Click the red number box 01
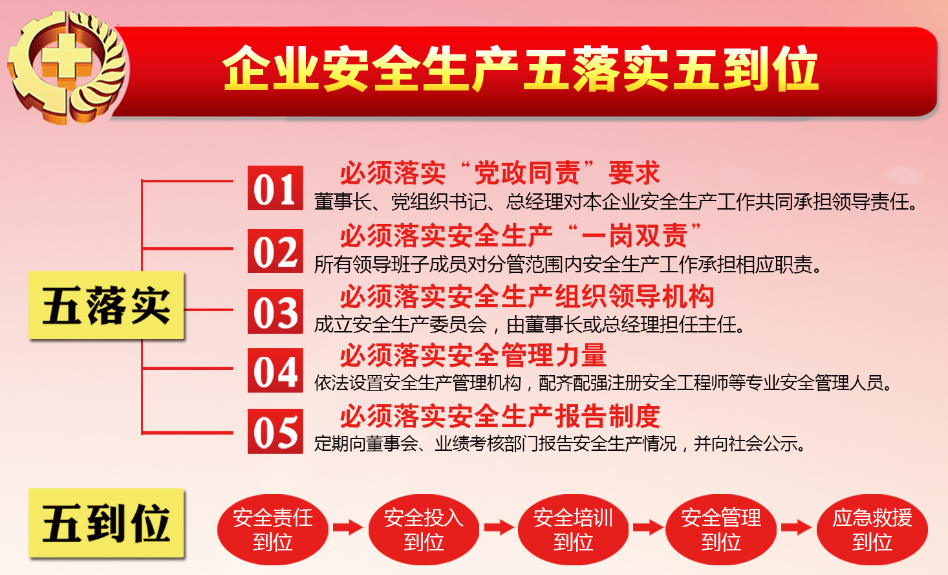tap(275, 188)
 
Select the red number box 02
tap(275, 251)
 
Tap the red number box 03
tap(275, 311)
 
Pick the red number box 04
tap(275, 371)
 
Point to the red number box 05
tap(275, 431)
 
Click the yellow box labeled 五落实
tap(106, 305)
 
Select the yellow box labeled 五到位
tap(106, 523)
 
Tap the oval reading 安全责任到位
tap(272, 529)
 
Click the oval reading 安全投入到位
tap(424, 529)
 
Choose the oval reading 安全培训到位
tap(573, 529)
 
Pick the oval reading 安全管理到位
tap(721, 529)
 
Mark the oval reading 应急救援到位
tap(872, 529)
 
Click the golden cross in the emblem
tap(66, 57)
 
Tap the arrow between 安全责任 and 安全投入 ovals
tap(348, 528)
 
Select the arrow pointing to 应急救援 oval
tap(796, 528)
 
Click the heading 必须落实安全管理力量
tap(473, 355)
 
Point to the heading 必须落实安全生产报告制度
tap(500, 416)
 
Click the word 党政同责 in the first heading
tap(527, 173)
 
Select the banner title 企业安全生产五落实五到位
tap(520, 69)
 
